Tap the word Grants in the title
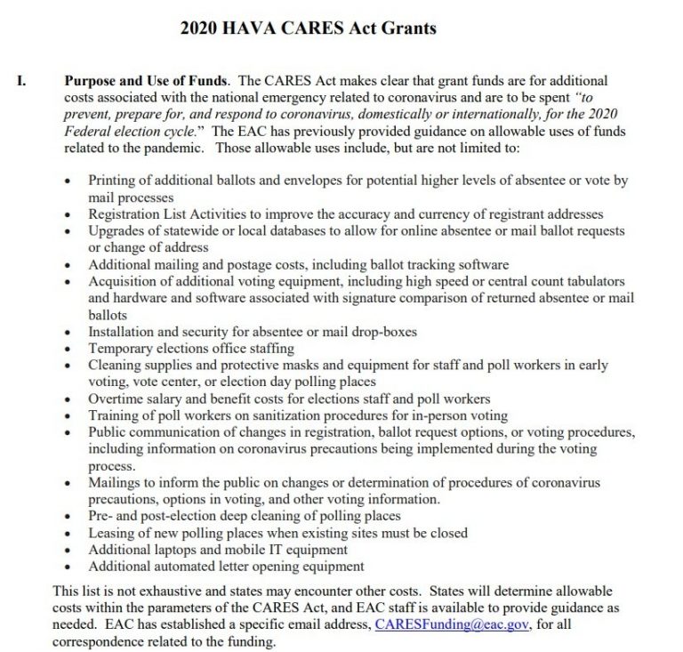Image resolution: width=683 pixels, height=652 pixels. point(407,28)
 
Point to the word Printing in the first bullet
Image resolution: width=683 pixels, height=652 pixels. point(112,181)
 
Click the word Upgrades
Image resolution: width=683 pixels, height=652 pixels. point(115,231)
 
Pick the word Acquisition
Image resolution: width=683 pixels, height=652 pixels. point(124,281)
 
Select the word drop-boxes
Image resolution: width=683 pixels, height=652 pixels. point(382,332)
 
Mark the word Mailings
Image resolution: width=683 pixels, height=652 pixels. point(115,483)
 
